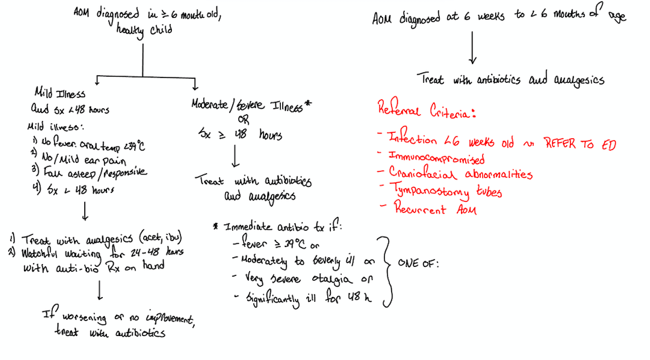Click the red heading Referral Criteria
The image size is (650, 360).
pos(426,110)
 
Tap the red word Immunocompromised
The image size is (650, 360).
pos(436,159)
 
